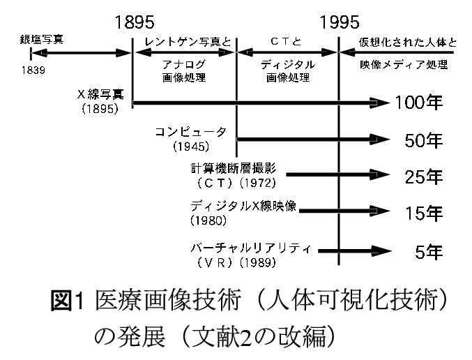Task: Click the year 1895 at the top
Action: click(x=135, y=22)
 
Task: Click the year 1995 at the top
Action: click(x=340, y=22)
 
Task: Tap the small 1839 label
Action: click(x=33, y=70)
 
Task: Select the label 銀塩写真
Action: click(x=42, y=40)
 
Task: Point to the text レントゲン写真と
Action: click(x=188, y=42)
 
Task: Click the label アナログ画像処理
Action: click(x=184, y=70)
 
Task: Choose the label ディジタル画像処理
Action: click(x=288, y=70)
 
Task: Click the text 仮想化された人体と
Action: click(x=408, y=42)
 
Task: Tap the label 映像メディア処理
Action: click(x=404, y=64)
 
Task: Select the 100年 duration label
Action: click(x=419, y=103)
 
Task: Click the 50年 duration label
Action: click(x=423, y=140)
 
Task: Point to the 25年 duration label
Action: click(x=423, y=177)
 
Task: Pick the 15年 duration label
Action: click(x=424, y=213)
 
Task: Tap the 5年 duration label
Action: click(x=429, y=252)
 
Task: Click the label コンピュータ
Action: click(x=191, y=133)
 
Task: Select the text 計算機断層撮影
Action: click(x=234, y=169)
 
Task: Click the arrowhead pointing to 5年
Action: click(x=381, y=250)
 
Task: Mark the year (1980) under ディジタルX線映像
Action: click(x=208, y=221)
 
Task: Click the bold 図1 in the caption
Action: click(x=67, y=301)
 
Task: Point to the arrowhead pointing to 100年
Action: click(x=379, y=103)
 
